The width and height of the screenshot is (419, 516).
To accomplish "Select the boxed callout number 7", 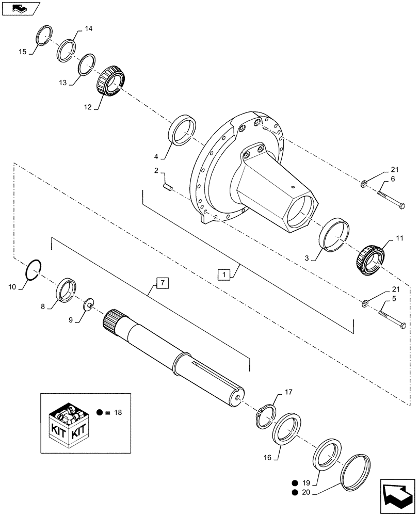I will (x=162, y=282).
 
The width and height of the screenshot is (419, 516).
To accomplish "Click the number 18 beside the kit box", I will (x=118, y=413).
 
